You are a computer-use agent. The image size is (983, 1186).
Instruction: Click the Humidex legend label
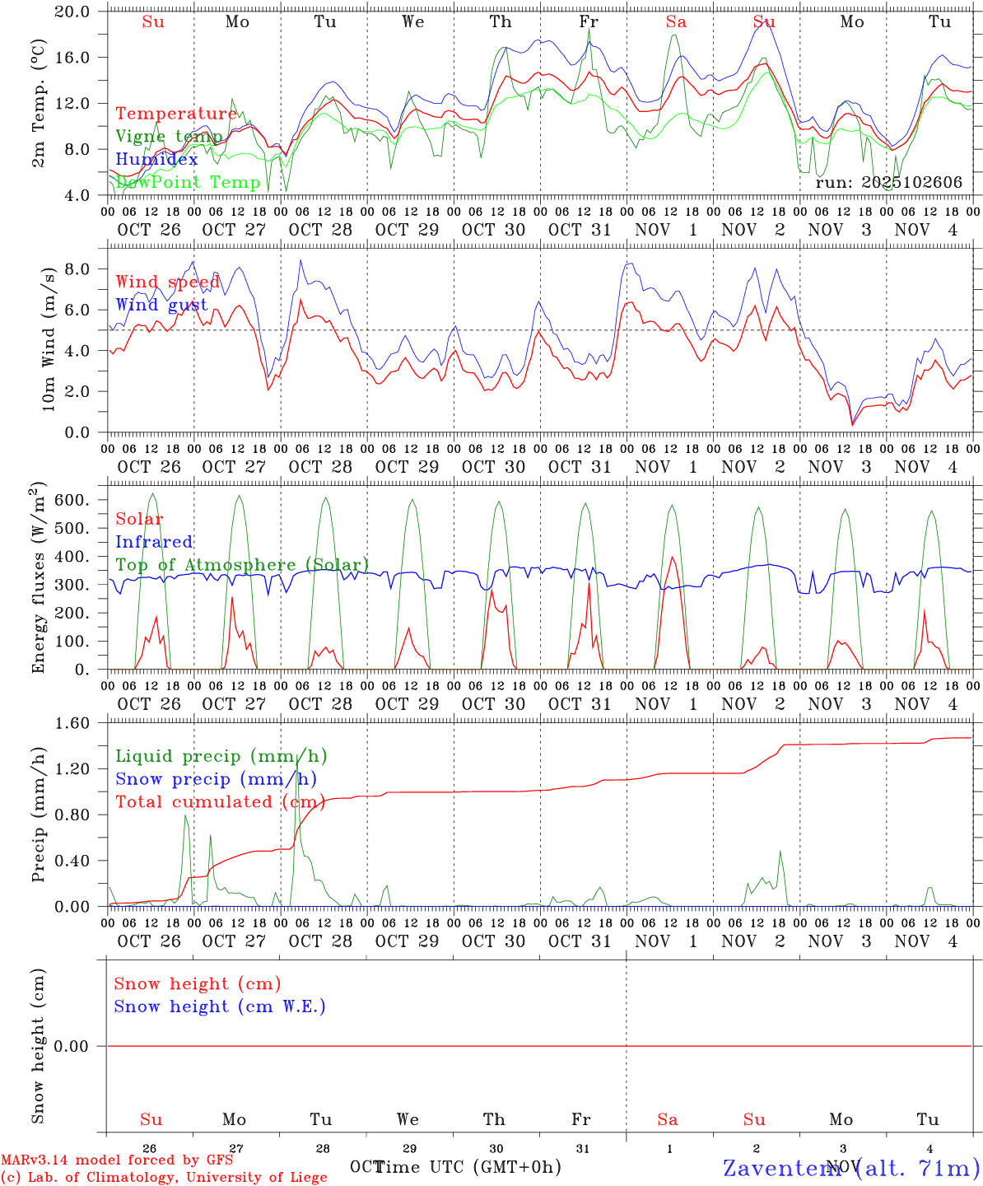pyautogui.click(x=156, y=160)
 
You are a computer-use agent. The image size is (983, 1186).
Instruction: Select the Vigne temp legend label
pyautogui.click(x=169, y=137)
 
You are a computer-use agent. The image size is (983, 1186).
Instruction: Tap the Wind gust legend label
pyautogui.click(x=161, y=305)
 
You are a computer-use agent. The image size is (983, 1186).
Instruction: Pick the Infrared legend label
pyautogui.click(x=154, y=542)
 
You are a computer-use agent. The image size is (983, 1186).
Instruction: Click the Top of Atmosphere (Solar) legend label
pyautogui.click(x=242, y=565)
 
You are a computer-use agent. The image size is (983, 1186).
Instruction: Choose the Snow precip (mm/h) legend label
pyautogui.click(x=216, y=779)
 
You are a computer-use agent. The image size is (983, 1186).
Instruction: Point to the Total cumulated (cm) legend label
pyautogui.click(x=219, y=802)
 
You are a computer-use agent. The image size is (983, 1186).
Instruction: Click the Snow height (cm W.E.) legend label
pyautogui.click(x=220, y=1006)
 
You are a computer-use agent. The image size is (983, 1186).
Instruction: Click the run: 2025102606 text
pyautogui.click(x=888, y=183)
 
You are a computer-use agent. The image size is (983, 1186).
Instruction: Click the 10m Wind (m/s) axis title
pyautogui.click(x=49, y=338)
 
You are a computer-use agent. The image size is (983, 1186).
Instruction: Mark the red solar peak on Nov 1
pyautogui.click(x=673, y=558)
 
